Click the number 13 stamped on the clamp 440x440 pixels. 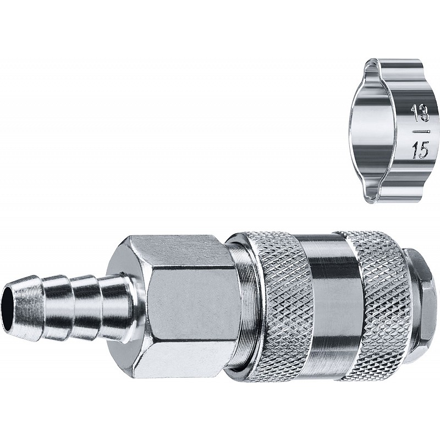(x=420, y=113)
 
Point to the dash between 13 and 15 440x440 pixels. (x=421, y=131)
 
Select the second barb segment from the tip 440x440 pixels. (x=58, y=307)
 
